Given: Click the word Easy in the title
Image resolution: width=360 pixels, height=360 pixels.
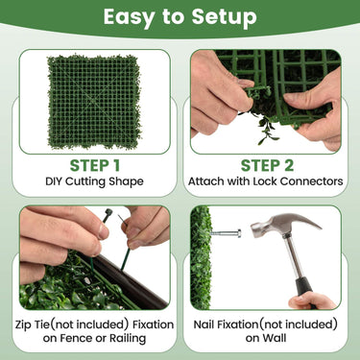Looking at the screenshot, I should (x=134, y=17).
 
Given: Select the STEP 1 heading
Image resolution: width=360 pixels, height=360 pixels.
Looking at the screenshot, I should (x=94, y=165).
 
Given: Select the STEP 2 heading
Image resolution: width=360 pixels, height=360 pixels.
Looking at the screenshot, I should (x=266, y=165).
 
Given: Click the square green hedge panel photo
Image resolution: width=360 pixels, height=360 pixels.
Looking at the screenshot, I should (x=94, y=101).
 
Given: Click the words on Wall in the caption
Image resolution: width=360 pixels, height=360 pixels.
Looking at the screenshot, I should (x=266, y=338).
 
